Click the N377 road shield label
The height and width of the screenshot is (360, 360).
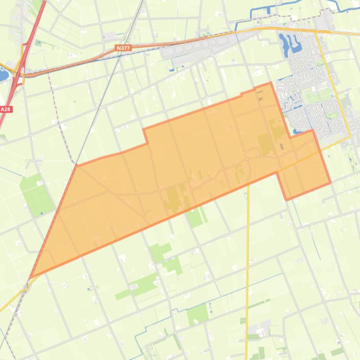(124, 48)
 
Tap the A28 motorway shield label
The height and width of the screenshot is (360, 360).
(6, 109)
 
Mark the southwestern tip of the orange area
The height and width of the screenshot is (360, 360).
(31, 276)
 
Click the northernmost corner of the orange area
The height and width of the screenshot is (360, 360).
(271, 83)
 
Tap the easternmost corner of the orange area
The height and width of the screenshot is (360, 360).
(331, 182)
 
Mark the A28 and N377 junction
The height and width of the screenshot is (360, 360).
(21, 72)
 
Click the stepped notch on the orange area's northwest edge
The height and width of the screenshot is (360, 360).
(145, 136)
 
